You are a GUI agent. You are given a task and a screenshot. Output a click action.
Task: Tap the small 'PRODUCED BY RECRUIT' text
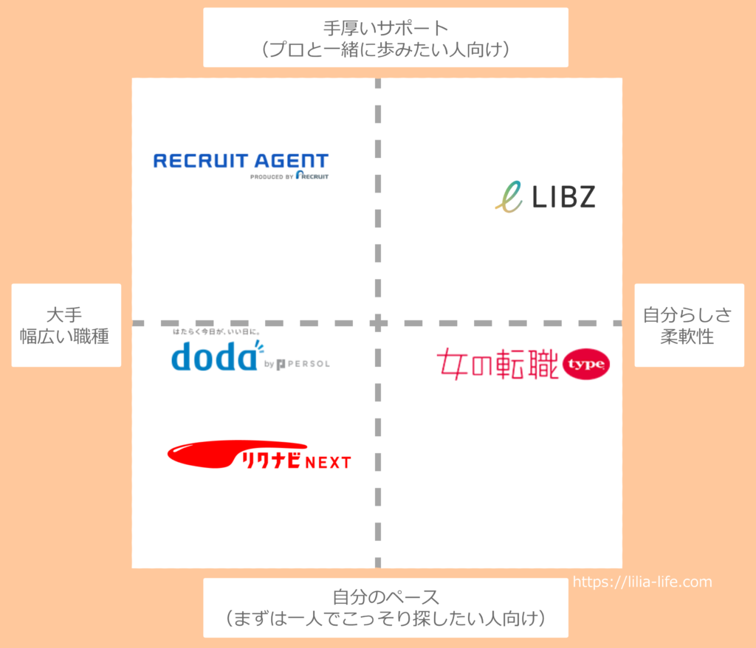(x=289, y=176)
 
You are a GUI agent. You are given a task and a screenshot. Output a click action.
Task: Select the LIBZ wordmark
(x=563, y=197)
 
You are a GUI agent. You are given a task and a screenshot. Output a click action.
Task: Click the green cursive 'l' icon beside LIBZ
(x=509, y=197)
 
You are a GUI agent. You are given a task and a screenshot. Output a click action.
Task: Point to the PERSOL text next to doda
(x=309, y=364)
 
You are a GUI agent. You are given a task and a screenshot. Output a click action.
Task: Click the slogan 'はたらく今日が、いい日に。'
(x=217, y=331)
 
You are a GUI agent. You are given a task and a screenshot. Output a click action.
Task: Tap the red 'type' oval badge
(x=585, y=364)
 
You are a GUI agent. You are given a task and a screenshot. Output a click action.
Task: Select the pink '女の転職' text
(x=498, y=364)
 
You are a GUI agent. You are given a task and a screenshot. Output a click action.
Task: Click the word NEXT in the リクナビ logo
(x=328, y=462)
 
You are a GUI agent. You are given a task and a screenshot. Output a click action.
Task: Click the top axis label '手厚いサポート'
(x=385, y=28)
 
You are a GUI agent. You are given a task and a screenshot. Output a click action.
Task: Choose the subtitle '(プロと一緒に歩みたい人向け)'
(x=385, y=49)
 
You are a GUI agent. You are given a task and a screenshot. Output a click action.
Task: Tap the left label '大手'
(x=64, y=315)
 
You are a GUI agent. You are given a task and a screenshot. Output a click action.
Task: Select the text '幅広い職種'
(x=64, y=336)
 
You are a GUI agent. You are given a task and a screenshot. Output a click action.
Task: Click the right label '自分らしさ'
(x=687, y=315)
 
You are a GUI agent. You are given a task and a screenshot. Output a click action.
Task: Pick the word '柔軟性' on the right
(x=687, y=336)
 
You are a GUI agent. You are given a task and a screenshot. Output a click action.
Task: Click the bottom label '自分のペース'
(x=385, y=597)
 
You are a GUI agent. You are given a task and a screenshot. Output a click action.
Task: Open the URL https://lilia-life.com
(x=642, y=582)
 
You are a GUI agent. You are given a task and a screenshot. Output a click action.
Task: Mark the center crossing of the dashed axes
(x=378, y=323)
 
